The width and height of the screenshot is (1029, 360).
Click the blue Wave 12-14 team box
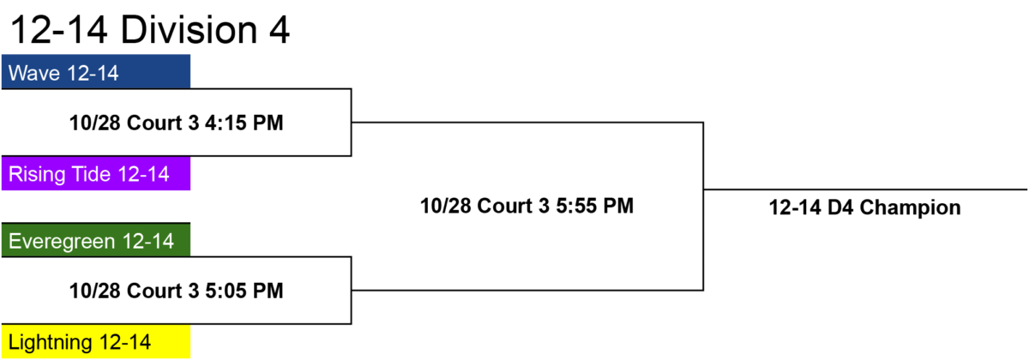pos(96,72)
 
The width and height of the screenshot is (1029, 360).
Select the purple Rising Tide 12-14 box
pos(96,173)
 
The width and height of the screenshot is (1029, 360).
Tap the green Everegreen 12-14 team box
pos(96,240)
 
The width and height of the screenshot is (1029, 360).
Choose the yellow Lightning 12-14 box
pos(96,341)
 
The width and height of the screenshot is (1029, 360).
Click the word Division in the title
pos(189,30)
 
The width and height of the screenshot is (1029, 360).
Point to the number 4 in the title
pos(280,30)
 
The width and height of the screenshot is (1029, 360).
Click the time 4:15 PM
pos(244,123)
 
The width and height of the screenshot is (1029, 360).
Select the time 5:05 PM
pos(244,291)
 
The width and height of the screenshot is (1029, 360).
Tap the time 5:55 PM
pos(595,206)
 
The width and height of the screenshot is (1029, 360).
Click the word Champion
pos(910,208)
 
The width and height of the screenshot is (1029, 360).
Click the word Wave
pos(34,73)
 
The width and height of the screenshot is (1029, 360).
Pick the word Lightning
pos(51,343)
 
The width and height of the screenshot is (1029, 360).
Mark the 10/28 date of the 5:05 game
pos(94,291)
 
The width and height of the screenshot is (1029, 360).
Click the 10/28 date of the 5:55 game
pos(446,206)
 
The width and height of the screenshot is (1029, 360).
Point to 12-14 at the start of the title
pos(59,30)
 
